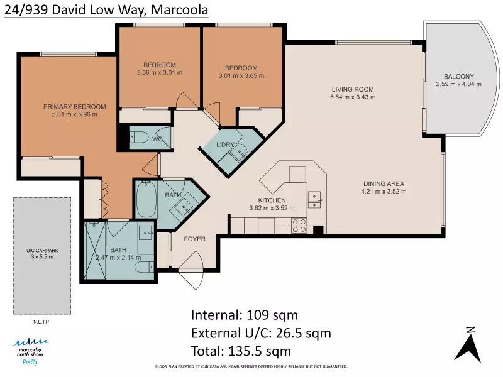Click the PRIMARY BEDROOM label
point(75,107)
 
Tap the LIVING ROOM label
point(353,89)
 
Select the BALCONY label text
point(459,76)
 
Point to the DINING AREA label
point(384,183)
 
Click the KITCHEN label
point(272,200)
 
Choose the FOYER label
point(195,239)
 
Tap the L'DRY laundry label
point(225,145)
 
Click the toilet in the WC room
point(139,138)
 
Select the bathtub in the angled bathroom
point(146,199)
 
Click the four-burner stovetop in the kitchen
point(299,226)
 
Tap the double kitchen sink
point(314,200)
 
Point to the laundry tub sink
point(239,152)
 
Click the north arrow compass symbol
point(468,344)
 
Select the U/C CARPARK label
point(42,250)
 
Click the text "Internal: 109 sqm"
point(245,315)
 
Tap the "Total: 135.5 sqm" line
point(241,351)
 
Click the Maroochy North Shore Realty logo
point(30,351)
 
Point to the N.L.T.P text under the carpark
point(41,322)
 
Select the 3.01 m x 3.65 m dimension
point(241,76)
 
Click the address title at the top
point(106,9)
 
